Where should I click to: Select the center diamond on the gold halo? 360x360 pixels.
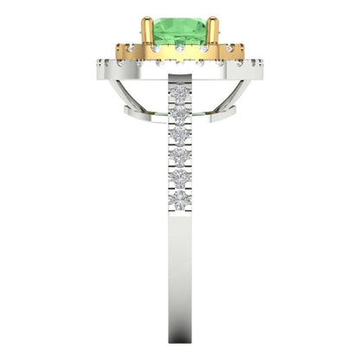pyautogui.click(x=179, y=49)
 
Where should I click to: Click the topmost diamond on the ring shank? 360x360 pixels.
pyautogui.click(x=180, y=93)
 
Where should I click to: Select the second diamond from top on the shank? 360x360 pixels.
pyautogui.click(x=180, y=114)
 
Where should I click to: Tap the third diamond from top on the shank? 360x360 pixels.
pyautogui.click(x=180, y=135)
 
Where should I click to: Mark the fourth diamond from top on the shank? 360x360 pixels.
pyautogui.click(x=180, y=157)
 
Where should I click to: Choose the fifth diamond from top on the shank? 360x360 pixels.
pyautogui.click(x=180, y=179)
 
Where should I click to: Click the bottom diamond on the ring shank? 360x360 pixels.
pyautogui.click(x=180, y=201)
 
